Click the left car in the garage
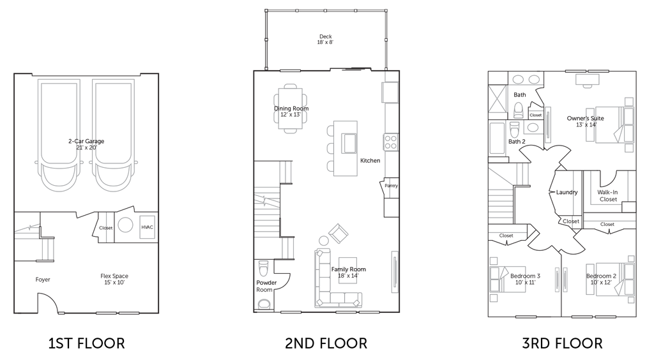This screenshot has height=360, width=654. point(59,134)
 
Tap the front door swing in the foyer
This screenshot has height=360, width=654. point(49,300)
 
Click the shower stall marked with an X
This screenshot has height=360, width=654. point(497,101)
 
